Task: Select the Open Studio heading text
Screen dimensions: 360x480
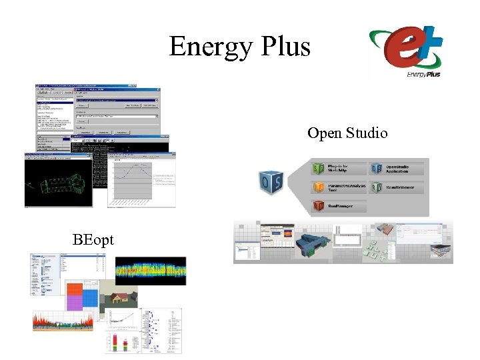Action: [347, 133]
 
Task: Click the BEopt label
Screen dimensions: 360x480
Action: [93, 239]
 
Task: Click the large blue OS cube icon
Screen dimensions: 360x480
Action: [272, 181]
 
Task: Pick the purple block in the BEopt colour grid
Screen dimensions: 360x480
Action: [75, 303]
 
